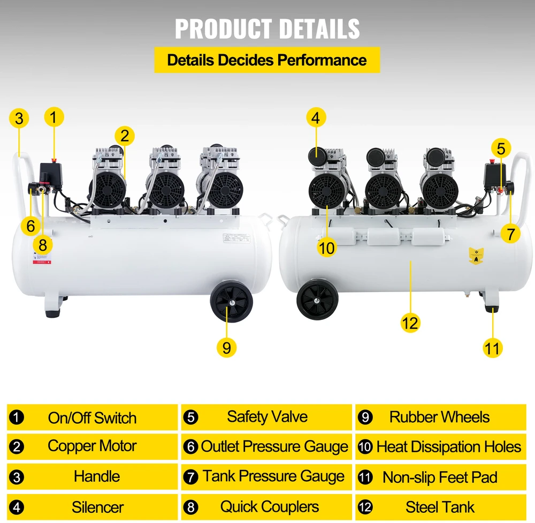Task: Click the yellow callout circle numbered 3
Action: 19,118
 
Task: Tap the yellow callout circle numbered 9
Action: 226,348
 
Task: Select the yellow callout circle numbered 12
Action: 410,323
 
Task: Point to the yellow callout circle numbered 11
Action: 492,348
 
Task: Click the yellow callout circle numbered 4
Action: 316,117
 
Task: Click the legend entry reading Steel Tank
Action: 440,507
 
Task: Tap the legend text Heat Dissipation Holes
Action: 449,447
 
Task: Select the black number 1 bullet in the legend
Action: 17,417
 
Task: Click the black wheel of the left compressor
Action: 231,301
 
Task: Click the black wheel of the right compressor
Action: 317,299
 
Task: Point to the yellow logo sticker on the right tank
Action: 476,256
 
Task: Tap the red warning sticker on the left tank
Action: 42,258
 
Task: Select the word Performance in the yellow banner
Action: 322,60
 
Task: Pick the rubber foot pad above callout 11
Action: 492,309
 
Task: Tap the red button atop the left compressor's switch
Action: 54,160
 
